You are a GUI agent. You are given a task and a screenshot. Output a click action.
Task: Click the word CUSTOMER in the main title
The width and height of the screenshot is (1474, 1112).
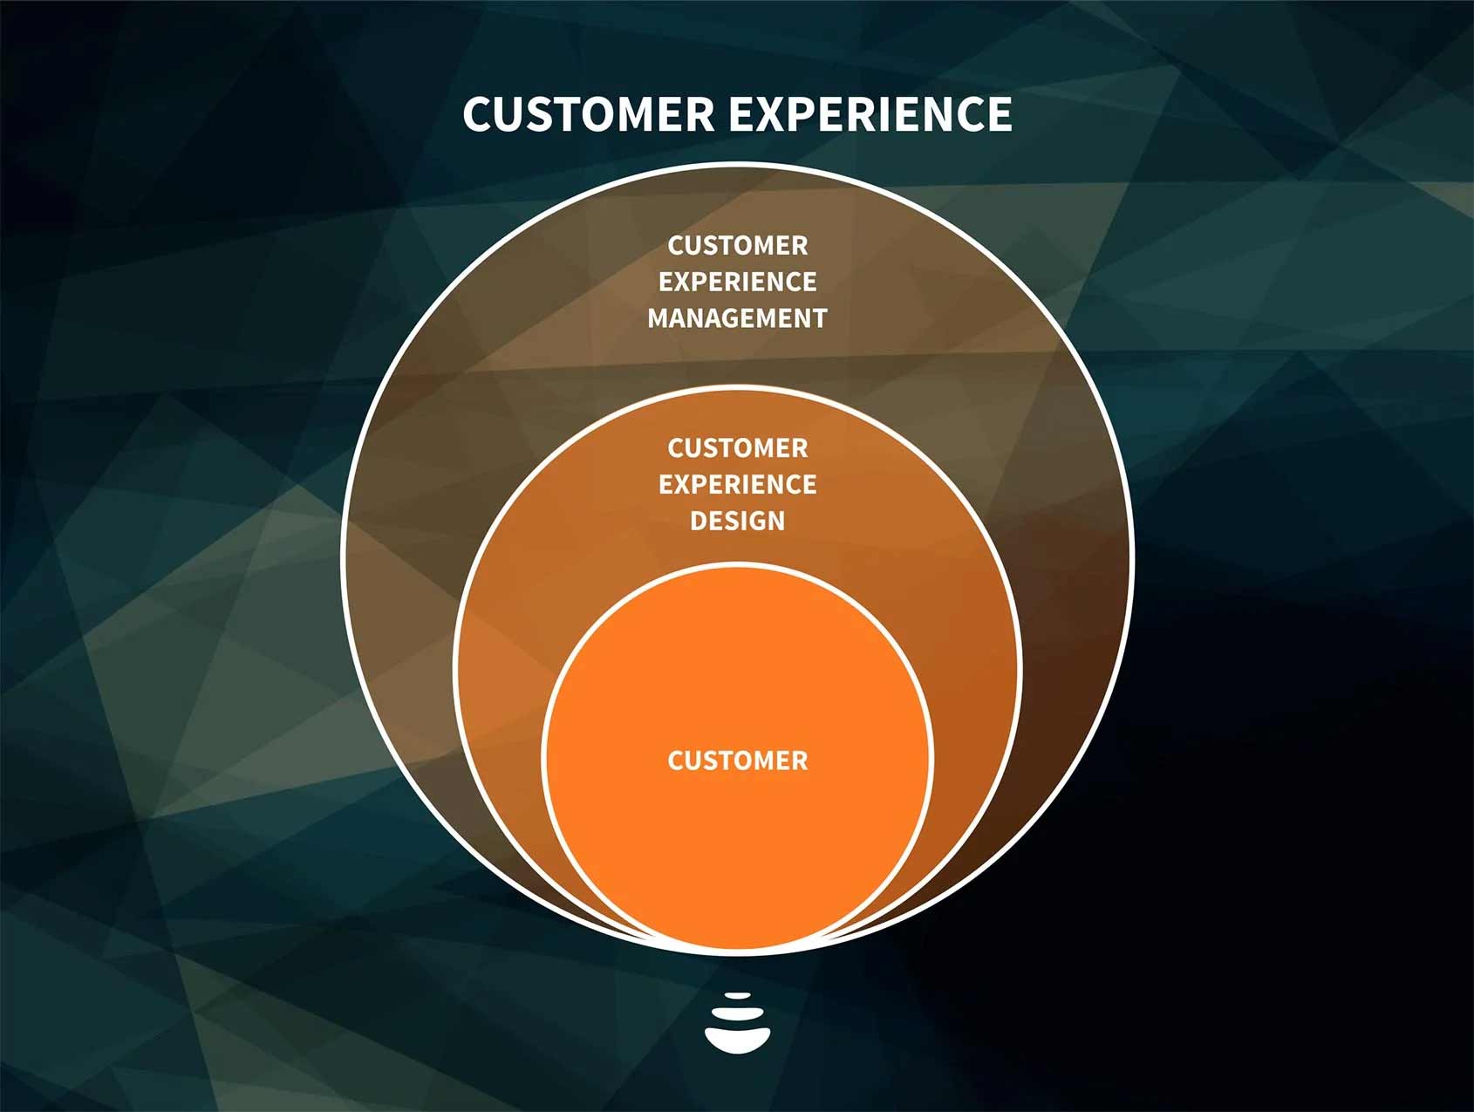click(x=588, y=113)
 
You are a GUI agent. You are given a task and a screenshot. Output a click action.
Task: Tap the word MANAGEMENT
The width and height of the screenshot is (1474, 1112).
click(x=737, y=318)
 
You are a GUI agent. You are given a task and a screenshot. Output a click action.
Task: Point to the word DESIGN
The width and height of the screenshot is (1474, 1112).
click(x=737, y=521)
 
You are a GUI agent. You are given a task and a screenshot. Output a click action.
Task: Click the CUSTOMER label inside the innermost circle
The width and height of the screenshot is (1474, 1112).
click(x=737, y=761)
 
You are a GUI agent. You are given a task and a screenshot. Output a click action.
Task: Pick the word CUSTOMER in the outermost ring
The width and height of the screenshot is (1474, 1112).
click(x=737, y=246)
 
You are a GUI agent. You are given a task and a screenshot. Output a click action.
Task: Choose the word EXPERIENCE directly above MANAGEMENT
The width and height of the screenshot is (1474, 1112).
click(x=737, y=282)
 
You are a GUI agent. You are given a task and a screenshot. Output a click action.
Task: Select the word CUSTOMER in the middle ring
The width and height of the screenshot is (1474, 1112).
click(x=737, y=448)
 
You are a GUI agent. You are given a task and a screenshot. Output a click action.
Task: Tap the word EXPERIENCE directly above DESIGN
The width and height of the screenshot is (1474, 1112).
click(x=737, y=484)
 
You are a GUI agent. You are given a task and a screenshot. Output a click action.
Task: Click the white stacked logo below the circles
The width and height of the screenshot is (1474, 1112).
click(x=737, y=1024)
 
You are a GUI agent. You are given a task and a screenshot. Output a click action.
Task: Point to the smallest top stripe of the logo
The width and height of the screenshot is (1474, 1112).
click(x=737, y=995)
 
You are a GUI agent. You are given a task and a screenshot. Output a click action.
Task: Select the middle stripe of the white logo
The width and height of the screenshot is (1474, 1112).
click(x=737, y=1013)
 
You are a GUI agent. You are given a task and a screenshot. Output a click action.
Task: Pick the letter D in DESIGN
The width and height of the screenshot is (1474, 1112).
click(x=699, y=521)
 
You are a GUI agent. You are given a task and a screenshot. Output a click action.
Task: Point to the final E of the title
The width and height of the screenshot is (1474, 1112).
click(x=1000, y=113)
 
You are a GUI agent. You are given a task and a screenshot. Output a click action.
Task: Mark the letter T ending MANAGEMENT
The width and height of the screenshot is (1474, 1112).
click(x=819, y=318)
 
